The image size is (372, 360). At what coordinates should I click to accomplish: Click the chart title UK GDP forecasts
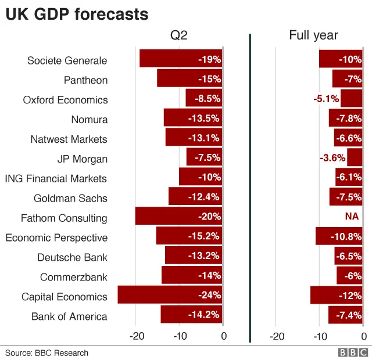pos(77,14)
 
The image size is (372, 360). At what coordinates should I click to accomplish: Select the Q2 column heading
pos(179,36)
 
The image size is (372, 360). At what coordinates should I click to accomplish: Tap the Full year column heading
pos(313,36)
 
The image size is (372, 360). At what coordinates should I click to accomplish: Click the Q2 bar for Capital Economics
pos(170,295)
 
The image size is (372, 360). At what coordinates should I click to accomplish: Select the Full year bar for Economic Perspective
pos(339,236)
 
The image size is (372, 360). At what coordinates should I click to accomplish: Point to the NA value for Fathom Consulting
pos(352,217)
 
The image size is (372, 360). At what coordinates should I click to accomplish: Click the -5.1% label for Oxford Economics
pos(326,99)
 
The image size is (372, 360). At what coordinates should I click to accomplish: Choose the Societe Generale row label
pos(67,60)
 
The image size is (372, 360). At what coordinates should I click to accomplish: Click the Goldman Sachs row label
pos(70,198)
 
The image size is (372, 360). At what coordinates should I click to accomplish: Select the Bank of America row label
pos(69,316)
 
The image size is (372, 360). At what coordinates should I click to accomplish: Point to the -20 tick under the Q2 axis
pos(136,336)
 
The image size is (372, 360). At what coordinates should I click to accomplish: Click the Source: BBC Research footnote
pos(47,352)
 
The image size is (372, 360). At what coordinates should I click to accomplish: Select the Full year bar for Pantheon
pos(347,79)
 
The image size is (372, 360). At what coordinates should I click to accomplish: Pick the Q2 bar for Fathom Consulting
pos(178,217)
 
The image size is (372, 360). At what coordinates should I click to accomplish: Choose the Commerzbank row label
pos(73,277)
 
